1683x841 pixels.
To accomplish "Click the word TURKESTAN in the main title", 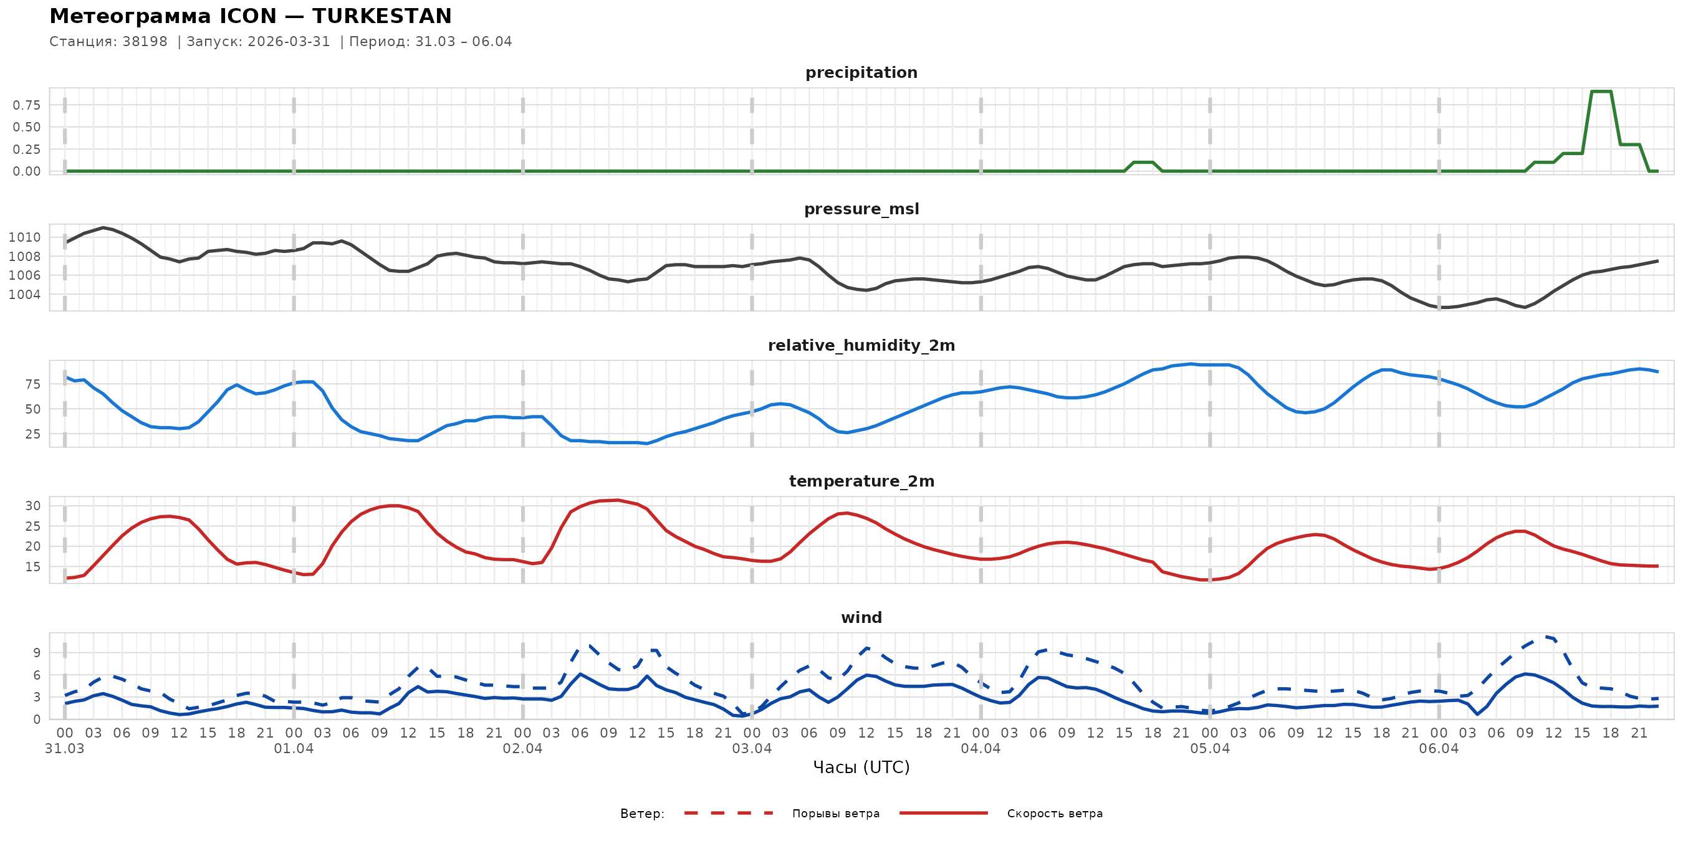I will pos(381,16).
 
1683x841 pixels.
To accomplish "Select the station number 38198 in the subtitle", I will pos(145,42).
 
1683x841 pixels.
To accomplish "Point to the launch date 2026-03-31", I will pos(289,42).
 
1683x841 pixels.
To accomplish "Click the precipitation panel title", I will pos(861,72).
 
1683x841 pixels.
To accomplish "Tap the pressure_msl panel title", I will pos(861,209).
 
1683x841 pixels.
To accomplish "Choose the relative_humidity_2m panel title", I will pos(861,345).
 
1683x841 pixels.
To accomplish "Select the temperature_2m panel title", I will pos(861,481).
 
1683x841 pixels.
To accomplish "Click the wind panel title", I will pos(861,618).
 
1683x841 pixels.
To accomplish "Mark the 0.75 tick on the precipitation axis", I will pos(27,105).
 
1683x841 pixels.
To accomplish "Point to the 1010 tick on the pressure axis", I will pos(25,238).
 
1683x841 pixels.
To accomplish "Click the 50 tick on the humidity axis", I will pos(32,409).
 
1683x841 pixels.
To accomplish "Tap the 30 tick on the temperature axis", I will pos(32,506).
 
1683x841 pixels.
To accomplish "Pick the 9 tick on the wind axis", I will pos(37,653).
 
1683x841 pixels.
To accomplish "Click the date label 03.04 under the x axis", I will pos(751,749).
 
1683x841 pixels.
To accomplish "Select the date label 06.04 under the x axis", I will pos(1439,749).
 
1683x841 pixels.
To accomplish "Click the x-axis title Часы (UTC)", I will pos(861,767).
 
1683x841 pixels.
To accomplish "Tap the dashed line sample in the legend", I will pos(729,814).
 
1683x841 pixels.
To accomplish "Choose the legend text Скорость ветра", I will pos(1055,814).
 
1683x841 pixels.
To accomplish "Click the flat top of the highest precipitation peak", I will pos(1601,92).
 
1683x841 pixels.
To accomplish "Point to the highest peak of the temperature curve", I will pos(618,500).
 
